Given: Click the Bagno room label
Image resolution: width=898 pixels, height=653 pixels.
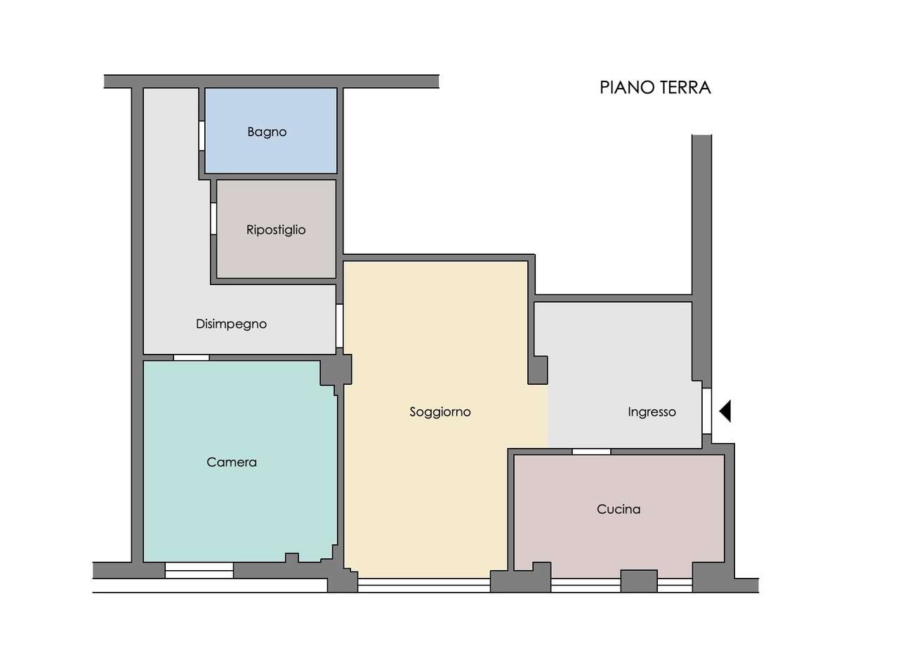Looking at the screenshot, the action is pyautogui.click(x=267, y=132).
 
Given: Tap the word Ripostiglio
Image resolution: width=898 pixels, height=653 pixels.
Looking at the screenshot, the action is pyautogui.click(x=276, y=230).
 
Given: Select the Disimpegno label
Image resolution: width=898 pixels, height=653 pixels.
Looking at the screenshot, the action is pyautogui.click(x=231, y=324).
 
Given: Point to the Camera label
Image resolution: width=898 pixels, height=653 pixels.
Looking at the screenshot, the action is pyautogui.click(x=232, y=462).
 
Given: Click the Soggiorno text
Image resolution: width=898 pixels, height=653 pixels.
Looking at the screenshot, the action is pyautogui.click(x=440, y=412).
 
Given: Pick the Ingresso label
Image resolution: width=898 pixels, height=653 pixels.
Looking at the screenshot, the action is pyautogui.click(x=652, y=412).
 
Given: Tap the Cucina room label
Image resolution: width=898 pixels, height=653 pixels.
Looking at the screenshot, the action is pyautogui.click(x=619, y=510).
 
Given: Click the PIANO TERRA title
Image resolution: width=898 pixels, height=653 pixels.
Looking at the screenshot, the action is pyautogui.click(x=655, y=88).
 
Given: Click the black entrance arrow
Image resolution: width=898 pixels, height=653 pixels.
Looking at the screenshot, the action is pyautogui.click(x=725, y=411).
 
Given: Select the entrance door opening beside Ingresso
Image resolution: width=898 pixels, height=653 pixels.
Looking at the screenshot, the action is pyautogui.click(x=707, y=411).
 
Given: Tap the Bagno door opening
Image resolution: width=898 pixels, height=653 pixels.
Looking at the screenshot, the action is pyautogui.click(x=202, y=136).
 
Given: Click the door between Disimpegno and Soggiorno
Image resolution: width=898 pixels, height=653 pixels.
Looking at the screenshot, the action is pyautogui.click(x=340, y=326).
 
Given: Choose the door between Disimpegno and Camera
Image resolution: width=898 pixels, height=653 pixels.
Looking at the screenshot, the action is pyautogui.click(x=191, y=357).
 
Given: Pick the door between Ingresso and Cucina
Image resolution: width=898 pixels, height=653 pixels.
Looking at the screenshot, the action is pyautogui.click(x=591, y=451).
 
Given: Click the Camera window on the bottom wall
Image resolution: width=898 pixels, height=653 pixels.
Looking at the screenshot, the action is pyautogui.click(x=199, y=570).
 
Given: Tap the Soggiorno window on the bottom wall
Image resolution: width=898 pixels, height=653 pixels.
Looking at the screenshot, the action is pyautogui.click(x=424, y=586).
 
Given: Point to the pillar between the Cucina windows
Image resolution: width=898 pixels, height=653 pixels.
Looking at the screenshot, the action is pyautogui.click(x=639, y=581).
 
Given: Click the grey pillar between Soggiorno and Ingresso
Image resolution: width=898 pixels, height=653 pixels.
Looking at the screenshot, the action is pyautogui.click(x=538, y=371).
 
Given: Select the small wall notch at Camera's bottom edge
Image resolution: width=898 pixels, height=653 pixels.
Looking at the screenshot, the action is pyautogui.click(x=292, y=558).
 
